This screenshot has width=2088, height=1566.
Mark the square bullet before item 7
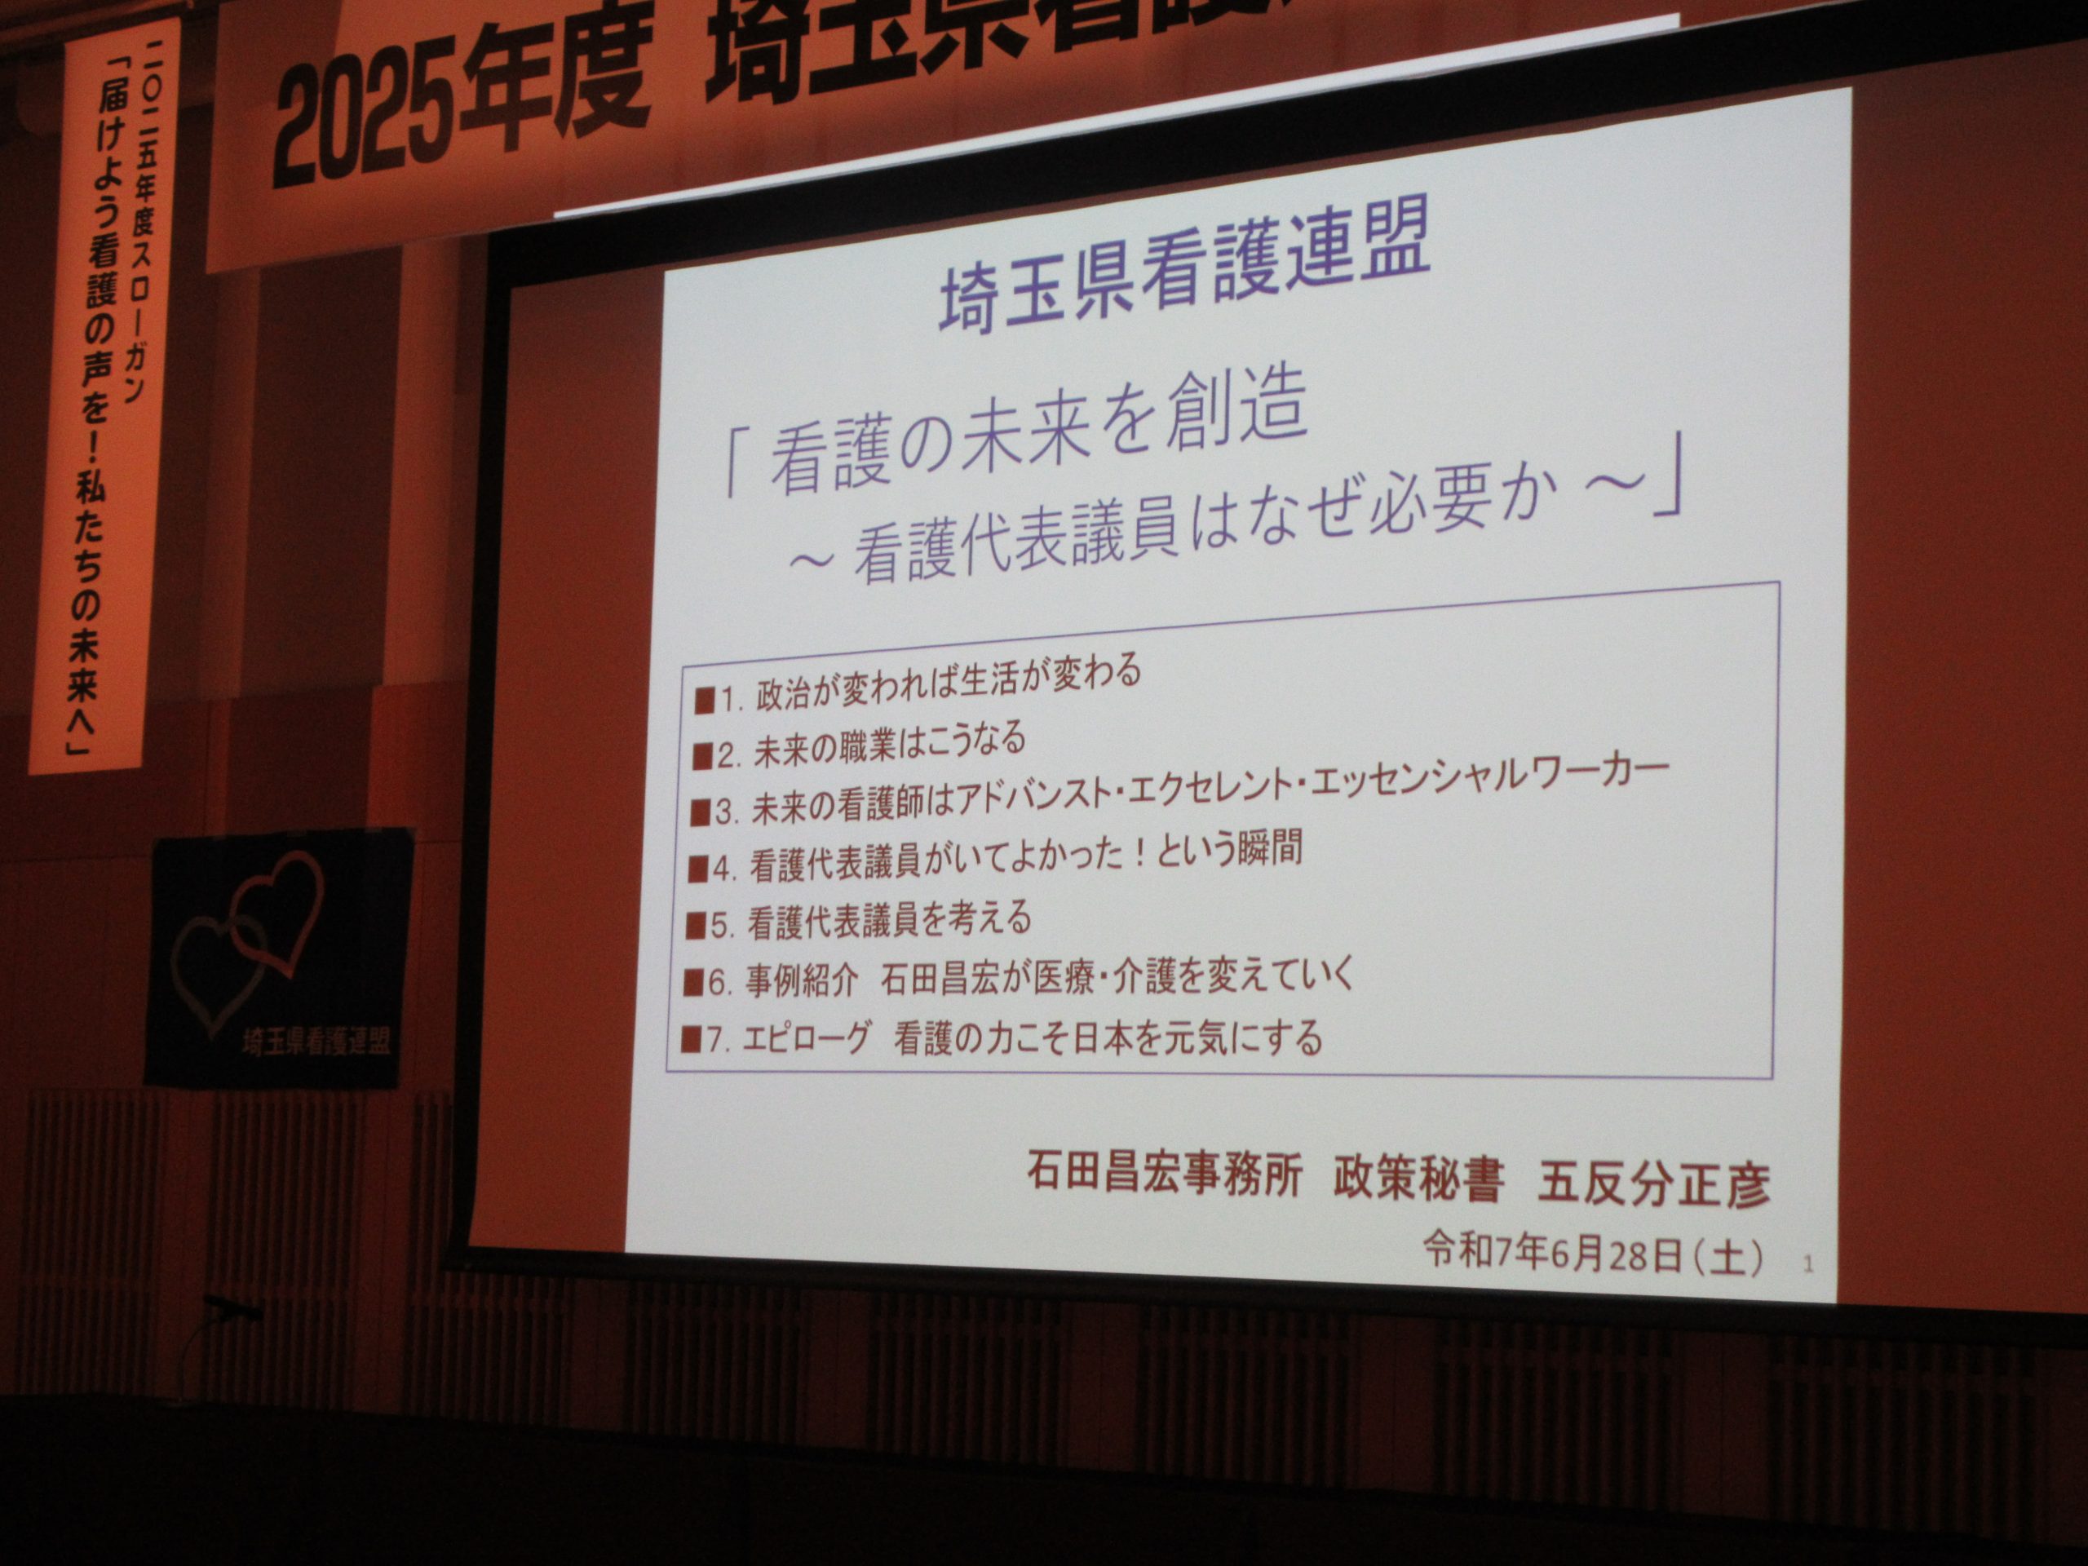(692, 1040)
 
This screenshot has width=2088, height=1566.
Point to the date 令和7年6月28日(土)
(1592, 1255)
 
